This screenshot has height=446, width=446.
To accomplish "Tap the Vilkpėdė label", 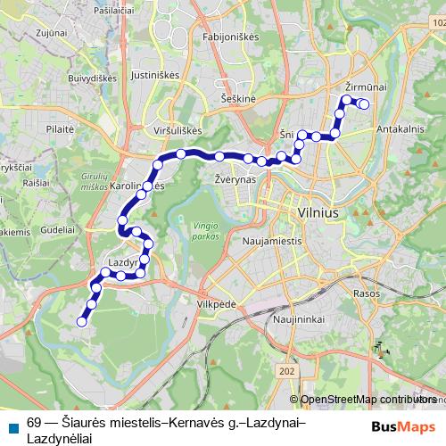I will click(215, 303).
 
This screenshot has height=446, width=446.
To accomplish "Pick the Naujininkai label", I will click(299, 318).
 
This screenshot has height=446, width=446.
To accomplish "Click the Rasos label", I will click(366, 293).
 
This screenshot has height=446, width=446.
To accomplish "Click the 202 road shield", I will click(285, 370).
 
